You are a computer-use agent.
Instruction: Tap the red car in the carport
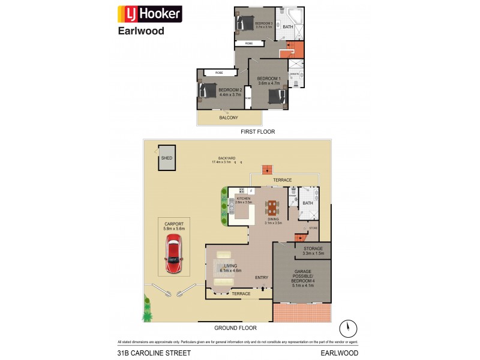173,254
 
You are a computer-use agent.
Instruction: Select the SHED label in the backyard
166,158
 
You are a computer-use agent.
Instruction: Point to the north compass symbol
346,329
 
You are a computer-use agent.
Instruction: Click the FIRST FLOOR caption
257,131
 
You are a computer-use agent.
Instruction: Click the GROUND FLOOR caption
235,328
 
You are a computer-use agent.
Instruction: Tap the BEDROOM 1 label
269,81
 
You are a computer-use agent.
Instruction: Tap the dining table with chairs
272,208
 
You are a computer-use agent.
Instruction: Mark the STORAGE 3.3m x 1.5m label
313,251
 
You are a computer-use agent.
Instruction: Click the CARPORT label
173,226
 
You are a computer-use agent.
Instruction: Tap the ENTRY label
262,277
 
